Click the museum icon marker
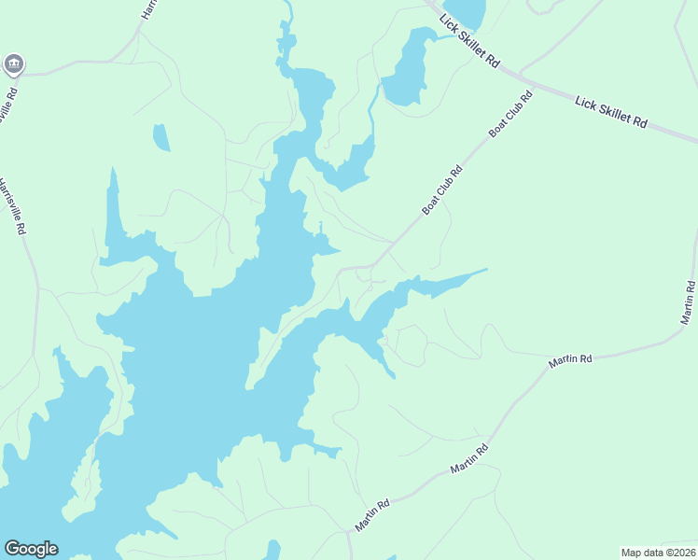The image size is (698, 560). coord(13,63)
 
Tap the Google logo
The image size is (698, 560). coord(31,549)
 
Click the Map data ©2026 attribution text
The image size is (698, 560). coord(658,553)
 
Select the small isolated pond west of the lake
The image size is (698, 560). coord(161,137)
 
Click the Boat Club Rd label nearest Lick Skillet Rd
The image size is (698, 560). coord(511,115)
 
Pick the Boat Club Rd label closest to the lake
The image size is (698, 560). coord(442,190)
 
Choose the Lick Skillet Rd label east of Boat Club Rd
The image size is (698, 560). coord(611,111)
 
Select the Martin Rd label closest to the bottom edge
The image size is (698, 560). coord(371,515)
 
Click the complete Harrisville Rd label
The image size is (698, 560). coord(13,206)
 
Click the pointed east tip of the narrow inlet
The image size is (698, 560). coord(485,271)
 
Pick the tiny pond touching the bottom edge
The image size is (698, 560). coord(272,551)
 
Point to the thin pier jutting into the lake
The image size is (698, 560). coord(320,229)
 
